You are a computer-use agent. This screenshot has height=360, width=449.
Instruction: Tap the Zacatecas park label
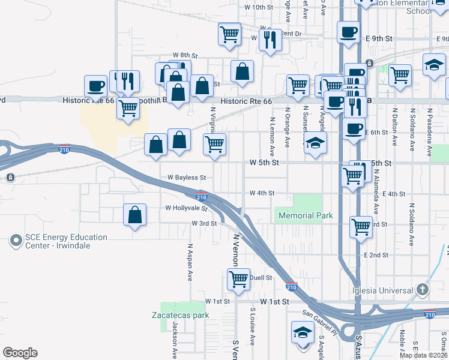click(179, 314)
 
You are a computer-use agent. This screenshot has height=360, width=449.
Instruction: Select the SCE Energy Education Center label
click(66, 241)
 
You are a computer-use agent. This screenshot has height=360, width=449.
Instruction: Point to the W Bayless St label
click(187, 178)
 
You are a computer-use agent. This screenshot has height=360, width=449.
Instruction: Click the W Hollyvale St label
click(186, 208)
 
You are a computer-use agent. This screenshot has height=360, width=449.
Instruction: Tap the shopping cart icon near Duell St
click(239, 279)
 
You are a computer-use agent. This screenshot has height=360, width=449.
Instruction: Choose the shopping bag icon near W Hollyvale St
click(135, 215)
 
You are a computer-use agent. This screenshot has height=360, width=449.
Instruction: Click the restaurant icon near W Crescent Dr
click(270, 39)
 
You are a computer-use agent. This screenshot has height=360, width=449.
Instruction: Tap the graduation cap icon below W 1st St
click(303, 332)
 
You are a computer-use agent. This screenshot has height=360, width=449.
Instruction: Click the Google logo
click(20, 353)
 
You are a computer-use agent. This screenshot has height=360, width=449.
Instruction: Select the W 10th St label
click(259, 7)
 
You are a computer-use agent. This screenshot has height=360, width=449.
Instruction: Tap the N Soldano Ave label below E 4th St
click(412, 226)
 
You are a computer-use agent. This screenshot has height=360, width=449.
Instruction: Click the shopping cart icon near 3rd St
click(360, 227)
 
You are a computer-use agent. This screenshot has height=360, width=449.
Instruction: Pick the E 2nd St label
click(376, 255)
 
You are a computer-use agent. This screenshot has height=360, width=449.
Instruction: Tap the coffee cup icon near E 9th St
click(348, 32)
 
